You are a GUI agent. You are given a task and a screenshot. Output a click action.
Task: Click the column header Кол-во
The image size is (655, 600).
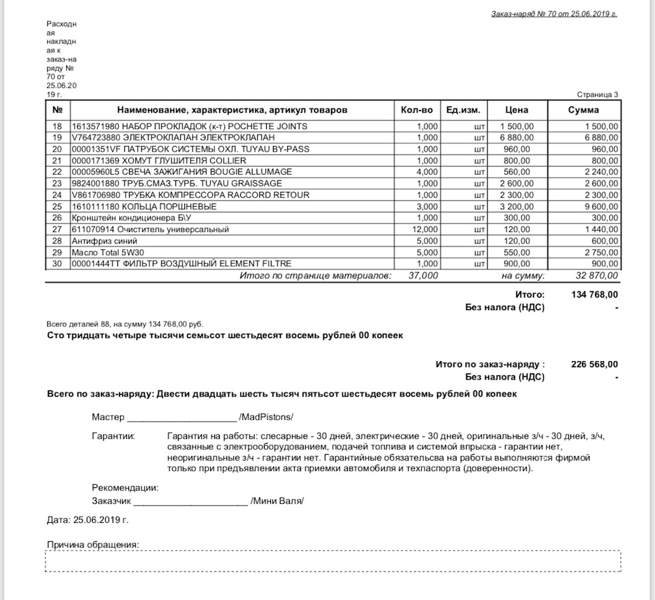[417, 110]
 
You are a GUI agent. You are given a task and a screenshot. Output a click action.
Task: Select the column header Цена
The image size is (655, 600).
[516, 110]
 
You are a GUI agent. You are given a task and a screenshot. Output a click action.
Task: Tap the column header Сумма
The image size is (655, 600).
[584, 110]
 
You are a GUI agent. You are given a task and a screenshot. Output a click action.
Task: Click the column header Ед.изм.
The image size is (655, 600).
[463, 110]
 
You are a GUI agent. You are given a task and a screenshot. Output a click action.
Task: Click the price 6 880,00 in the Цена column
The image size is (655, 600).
[515, 138]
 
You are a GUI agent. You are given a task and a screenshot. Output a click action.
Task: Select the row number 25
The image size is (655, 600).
[57, 207]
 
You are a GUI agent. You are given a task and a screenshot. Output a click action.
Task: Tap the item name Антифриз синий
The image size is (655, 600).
[104, 241]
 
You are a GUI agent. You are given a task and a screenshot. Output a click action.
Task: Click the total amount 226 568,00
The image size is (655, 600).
[594, 365]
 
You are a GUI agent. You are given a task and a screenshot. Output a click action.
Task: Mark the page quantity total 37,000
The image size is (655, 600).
[424, 276]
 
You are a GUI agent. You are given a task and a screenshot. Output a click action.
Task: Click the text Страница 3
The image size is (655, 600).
[597, 95]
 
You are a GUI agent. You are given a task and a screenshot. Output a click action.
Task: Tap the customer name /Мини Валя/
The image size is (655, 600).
[277, 501]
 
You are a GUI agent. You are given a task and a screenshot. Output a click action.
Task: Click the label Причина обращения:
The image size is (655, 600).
[93, 545]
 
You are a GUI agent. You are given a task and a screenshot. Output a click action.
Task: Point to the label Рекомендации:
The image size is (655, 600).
[125, 488]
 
